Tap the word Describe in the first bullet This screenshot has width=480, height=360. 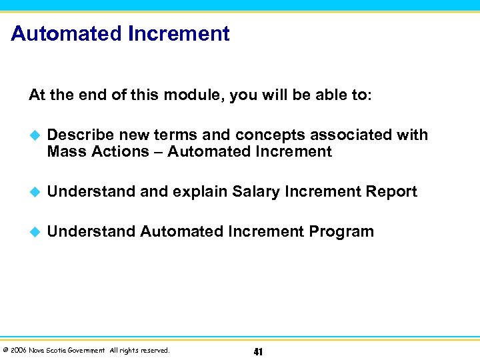pyautogui.click(x=81, y=135)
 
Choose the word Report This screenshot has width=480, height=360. pyautogui.click(x=391, y=192)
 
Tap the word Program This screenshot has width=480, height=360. pyautogui.click(x=341, y=232)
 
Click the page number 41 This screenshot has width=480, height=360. pyautogui.click(x=258, y=351)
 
